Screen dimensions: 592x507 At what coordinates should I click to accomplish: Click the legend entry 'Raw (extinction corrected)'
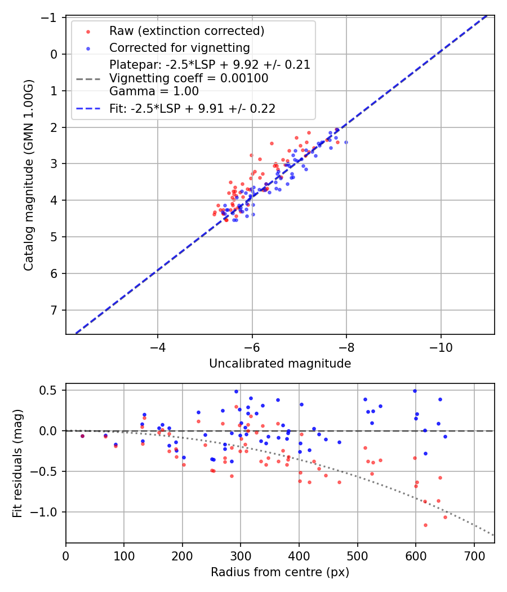[186, 30]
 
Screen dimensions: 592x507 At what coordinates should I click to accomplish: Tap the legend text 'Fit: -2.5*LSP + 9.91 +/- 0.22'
[192, 109]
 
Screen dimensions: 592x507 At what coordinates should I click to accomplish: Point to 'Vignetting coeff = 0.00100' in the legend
[189, 78]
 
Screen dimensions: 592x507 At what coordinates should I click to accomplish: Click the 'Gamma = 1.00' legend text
[154, 91]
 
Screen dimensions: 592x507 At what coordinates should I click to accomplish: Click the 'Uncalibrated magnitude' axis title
[280, 364]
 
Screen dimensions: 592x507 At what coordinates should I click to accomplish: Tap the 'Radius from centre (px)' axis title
[280, 572]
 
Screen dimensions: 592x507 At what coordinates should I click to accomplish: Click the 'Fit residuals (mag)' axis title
[17, 463]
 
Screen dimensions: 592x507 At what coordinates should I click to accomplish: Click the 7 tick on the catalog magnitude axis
[54, 310]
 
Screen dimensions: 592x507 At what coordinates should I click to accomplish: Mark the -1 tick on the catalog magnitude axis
[51, 18]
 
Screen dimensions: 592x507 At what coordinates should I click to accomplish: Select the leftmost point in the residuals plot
[82, 436]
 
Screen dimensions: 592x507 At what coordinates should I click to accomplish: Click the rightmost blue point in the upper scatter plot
[346, 142]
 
